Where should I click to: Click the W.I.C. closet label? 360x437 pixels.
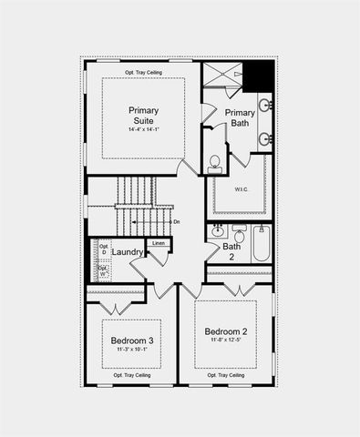(241, 189)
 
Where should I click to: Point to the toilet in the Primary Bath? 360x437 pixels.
(215, 164)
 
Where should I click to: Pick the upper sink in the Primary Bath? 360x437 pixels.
(265, 106)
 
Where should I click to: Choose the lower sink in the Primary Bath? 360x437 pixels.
(265, 139)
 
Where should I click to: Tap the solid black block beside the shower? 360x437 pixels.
(262, 75)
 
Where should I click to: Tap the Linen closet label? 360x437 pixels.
(159, 243)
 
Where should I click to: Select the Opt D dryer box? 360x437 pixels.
(103, 249)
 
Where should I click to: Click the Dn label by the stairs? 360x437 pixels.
(177, 221)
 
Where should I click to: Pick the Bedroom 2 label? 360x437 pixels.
(226, 330)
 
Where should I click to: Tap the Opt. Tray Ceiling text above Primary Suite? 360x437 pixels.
(144, 71)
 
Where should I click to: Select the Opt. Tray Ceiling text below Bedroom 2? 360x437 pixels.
(224, 375)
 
